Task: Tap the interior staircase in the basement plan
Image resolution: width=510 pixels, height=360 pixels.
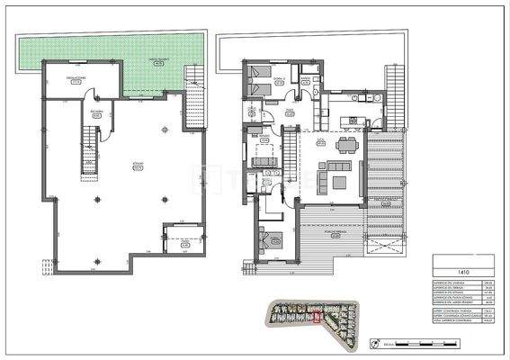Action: point(89,148)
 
